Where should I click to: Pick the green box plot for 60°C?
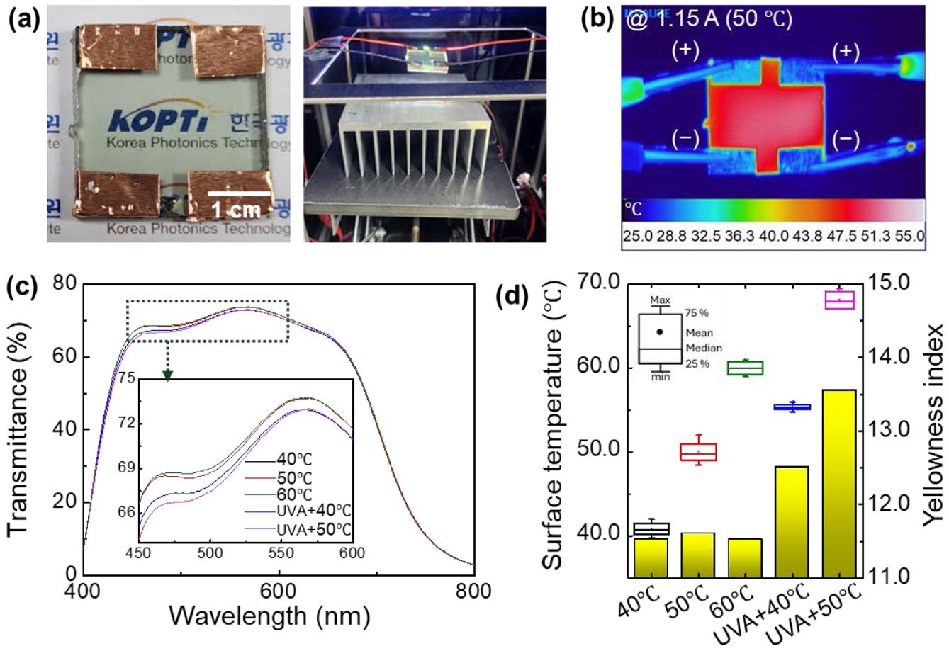746,368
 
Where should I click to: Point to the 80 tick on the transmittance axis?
64,283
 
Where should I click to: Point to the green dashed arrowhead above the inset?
167,375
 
